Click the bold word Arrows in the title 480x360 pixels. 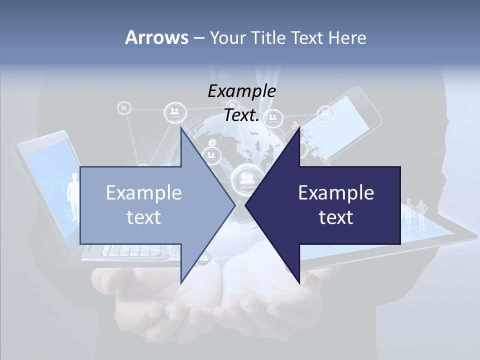point(156,37)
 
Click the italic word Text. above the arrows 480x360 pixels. point(241,115)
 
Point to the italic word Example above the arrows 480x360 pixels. point(241,91)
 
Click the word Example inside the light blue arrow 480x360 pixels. point(144,193)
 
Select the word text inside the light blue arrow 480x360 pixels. point(144,217)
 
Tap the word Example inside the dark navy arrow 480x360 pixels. point(336,193)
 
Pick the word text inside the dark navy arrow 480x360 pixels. point(336,217)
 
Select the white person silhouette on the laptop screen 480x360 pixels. point(73,195)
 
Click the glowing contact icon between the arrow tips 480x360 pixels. point(244,177)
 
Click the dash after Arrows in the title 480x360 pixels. point(198,37)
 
